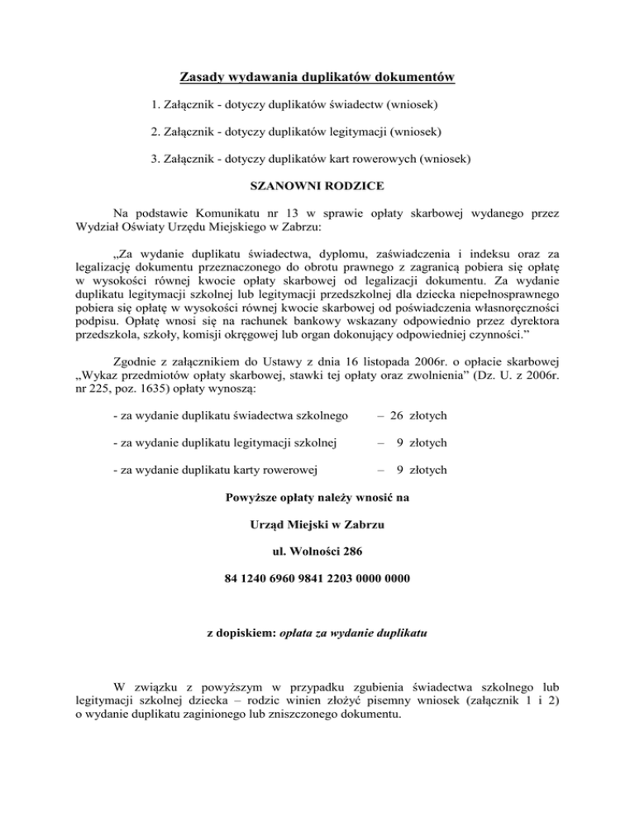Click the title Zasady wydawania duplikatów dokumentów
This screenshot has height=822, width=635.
[x=317, y=79]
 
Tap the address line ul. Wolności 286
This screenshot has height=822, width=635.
[x=317, y=550]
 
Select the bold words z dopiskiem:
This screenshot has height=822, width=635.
[x=243, y=639]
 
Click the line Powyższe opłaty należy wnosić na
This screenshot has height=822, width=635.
[x=317, y=498]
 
